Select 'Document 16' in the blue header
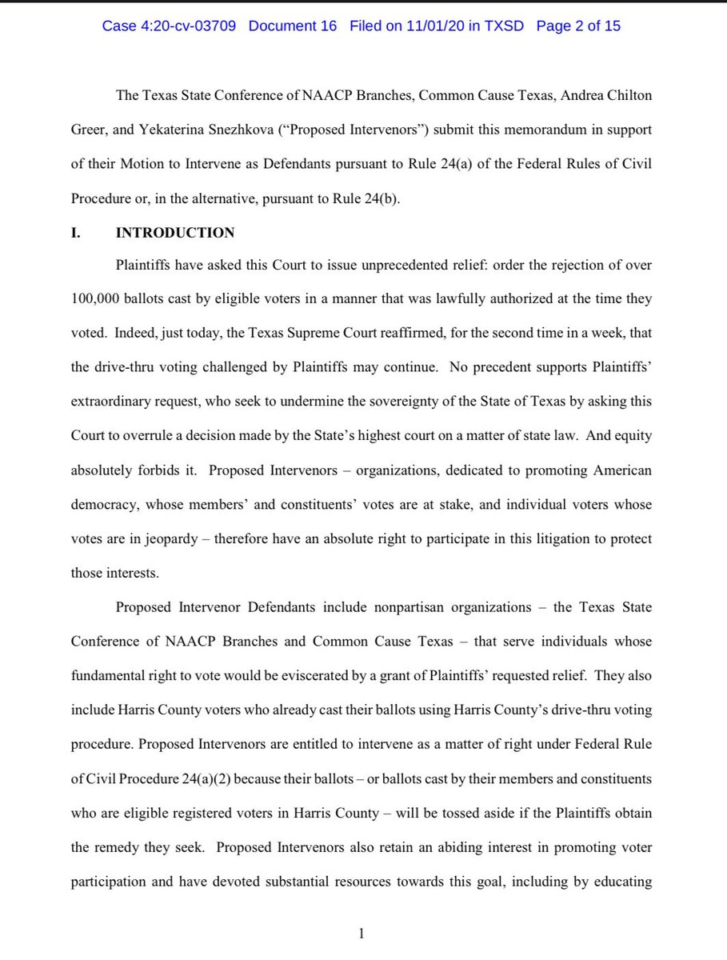tap(294, 26)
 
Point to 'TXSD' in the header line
tap(504, 26)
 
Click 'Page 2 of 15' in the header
tap(578, 26)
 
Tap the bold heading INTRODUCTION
tap(175, 233)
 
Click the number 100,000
tap(97, 298)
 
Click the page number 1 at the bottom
tap(362, 932)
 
